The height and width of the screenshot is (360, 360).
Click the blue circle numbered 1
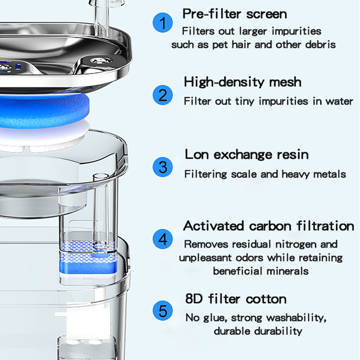coord(163,22)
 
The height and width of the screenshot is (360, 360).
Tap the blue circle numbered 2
coord(163,95)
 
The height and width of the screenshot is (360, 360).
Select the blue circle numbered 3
coord(163,167)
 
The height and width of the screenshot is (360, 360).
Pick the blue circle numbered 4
coord(163,239)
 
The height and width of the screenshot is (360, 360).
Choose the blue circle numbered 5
coord(163,310)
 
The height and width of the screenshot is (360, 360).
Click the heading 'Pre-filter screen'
coord(234,14)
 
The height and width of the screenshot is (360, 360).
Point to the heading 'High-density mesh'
coord(243,82)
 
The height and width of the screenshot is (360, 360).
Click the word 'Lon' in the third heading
coord(197,154)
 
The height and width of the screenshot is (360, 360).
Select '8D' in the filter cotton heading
coord(194,299)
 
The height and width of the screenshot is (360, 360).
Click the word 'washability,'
coord(297,318)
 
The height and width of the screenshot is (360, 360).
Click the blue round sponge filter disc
coord(44,111)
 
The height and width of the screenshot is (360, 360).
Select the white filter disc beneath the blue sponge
coord(44,136)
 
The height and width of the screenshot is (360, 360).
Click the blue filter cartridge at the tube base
coord(88,261)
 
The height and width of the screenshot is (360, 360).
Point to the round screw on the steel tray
coord(101,61)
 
